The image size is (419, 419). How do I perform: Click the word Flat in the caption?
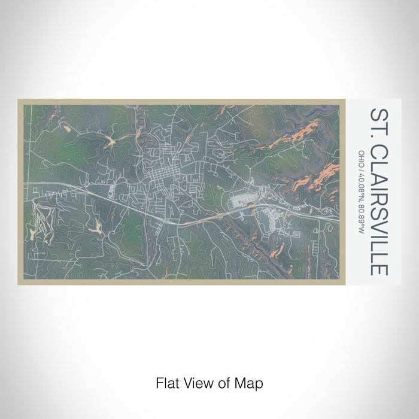pyautogui.click(x=166, y=381)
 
